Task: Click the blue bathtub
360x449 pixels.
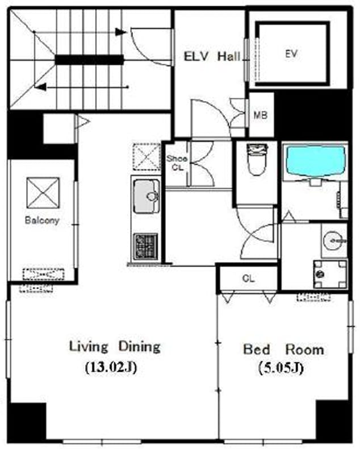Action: point(315,161)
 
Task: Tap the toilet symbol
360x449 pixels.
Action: point(257,160)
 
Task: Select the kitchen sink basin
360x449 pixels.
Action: point(146,197)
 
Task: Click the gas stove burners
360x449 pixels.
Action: point(146,247)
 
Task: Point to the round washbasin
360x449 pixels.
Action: point(335,240)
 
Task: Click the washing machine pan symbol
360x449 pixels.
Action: point(330,274)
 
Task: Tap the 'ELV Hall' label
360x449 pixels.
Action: point(212,56)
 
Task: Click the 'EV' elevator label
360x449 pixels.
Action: point(291,53)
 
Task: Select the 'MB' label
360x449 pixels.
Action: point(261,115)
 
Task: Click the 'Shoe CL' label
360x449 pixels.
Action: point(177,163)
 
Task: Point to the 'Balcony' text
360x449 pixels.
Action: point(42,220)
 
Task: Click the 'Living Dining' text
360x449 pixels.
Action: point(115,347)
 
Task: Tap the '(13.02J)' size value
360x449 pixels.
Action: point(111,367)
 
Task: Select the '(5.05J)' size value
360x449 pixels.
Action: point(281,368)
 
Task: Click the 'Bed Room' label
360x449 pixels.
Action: point(283,350)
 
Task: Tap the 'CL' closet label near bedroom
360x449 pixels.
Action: point(248,278)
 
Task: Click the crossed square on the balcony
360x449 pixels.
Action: point(43,193)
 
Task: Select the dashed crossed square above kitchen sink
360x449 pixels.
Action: point(147,157)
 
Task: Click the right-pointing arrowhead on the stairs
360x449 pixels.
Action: point(121,32)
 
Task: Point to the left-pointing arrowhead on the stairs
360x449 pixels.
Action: point(40,86)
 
